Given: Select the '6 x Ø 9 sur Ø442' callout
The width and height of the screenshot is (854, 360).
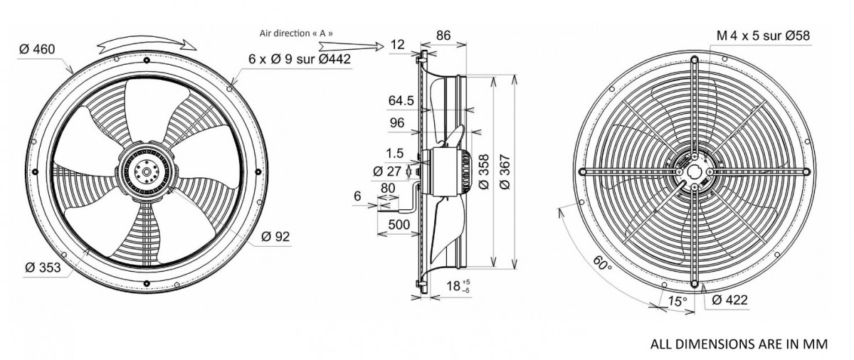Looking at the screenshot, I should [300, 60].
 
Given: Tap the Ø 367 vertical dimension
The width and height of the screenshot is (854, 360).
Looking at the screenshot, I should [505, 171].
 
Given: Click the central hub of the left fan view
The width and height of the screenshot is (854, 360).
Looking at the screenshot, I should [147, 170].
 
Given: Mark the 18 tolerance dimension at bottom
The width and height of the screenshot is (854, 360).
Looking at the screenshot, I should [454, 287].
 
